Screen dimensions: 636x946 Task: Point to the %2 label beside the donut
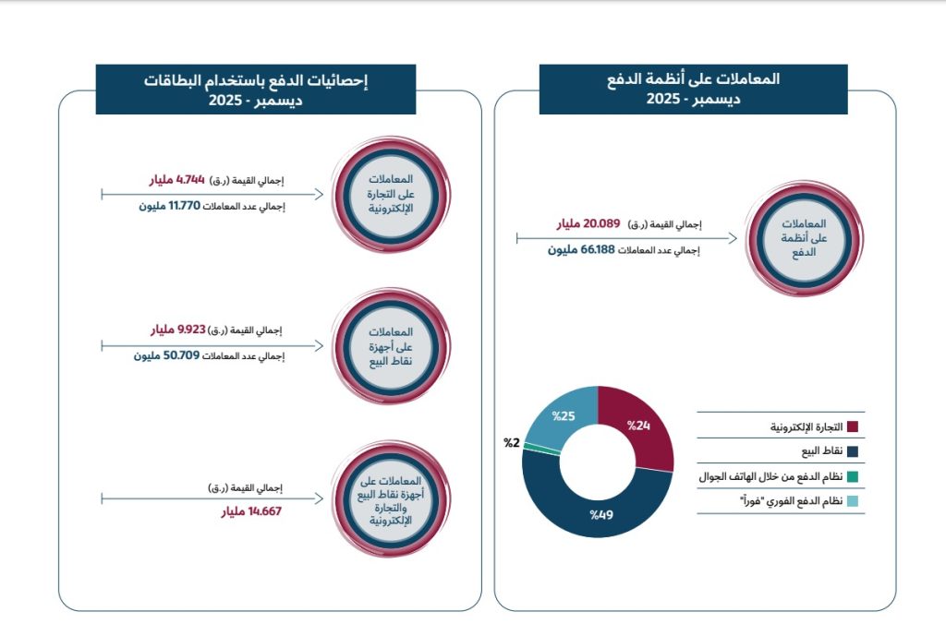click(511, 443)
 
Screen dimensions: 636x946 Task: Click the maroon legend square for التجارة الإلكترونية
click(853, 427)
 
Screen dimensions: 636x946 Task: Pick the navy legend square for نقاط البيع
click(853, 452)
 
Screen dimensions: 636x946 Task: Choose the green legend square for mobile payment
click(853, 477)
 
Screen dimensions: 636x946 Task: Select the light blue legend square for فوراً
click(853, 502)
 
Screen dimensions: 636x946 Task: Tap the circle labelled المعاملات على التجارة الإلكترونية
click(392, 194)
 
